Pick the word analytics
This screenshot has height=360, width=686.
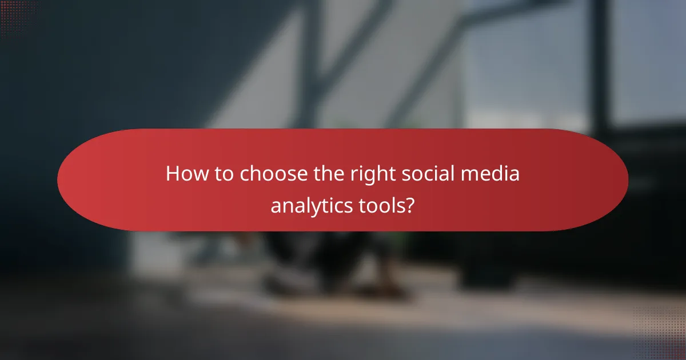pyautogui.click(x=309, y=205)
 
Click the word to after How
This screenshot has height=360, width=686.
pyautogui.click(x=224, y=174)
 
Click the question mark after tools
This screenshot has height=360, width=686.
pyautogui.click(x=409, y=205)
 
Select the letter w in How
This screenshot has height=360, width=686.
pyautogui.click(x=198, y=175)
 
